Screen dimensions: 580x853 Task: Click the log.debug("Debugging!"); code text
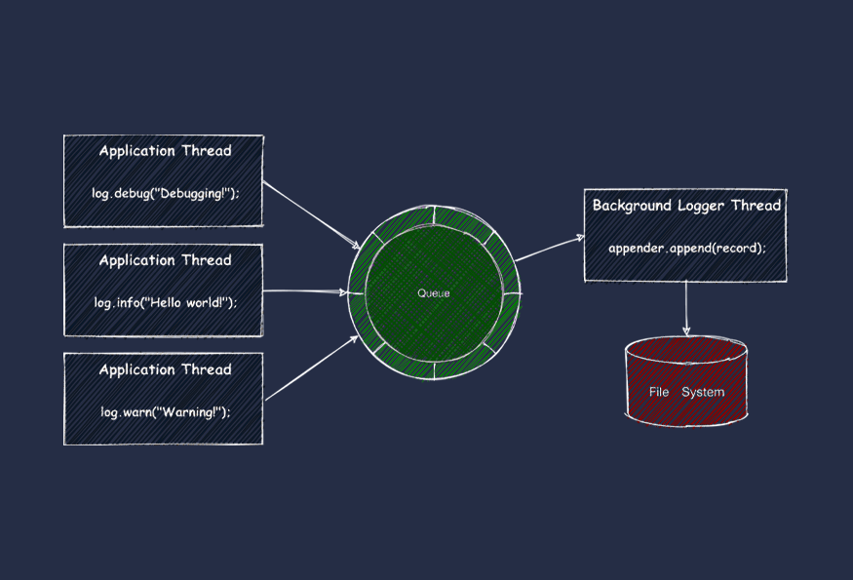[165, 193]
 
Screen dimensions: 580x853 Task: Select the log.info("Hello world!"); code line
[165, 302]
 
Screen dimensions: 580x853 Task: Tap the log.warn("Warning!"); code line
[165, 411]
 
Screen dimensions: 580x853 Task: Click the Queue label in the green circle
[434, 293]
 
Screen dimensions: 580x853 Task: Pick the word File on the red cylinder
[659, 392]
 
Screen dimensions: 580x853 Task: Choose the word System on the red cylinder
[703, 392]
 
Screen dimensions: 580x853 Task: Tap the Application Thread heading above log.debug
[165, 151]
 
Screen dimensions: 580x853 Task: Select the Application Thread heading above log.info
[165, 260]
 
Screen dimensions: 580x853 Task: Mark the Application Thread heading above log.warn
[165, 369]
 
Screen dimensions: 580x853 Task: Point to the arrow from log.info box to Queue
[304, 290]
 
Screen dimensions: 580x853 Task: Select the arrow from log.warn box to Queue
[308, 369]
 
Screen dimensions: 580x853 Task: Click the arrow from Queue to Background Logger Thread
[549, 248]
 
